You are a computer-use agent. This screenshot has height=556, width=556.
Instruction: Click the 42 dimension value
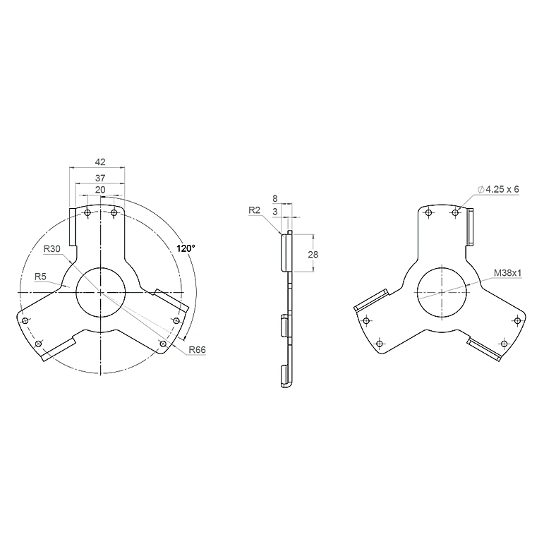pos(100,162)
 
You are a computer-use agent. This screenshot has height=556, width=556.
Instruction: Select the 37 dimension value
pos(100,178)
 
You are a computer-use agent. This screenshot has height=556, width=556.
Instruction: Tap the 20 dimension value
pos(100,190)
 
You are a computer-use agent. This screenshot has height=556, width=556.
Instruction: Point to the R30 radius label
pos(52,249)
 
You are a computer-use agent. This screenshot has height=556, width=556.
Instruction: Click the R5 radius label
pos(40,277)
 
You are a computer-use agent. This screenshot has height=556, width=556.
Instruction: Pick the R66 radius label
pos(197,350)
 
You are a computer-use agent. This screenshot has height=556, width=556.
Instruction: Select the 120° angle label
pos(186,248)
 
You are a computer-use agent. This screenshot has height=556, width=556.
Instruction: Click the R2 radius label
pos(254,210)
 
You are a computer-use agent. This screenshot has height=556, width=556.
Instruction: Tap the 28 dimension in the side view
pos(313,254)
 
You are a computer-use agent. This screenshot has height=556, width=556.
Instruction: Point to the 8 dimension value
pos(275,198)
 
